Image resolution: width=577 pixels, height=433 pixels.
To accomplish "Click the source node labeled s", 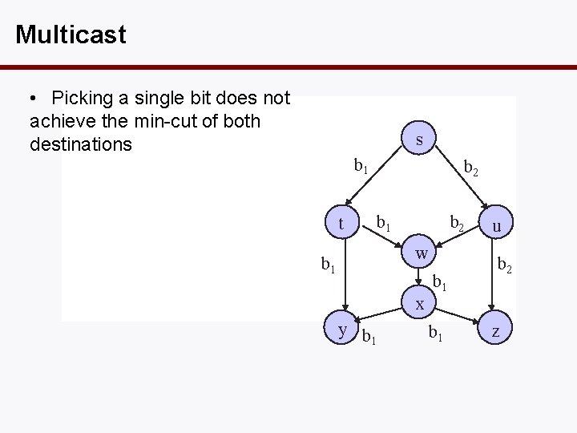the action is (420, 140).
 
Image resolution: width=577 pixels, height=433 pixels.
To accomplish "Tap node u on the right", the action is (497, 226).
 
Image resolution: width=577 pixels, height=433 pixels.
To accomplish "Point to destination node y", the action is (342, 329).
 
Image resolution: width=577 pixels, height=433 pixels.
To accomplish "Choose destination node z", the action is (497, 330).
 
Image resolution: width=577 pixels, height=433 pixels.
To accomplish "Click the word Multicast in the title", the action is (71, 34).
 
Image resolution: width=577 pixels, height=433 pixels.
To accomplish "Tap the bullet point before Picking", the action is (33, 99).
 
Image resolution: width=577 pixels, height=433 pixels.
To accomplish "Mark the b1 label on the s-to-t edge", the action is (361, 166).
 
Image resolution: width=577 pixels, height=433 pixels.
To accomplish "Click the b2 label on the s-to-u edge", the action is (472, 168).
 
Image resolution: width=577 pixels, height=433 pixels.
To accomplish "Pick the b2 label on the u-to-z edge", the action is (505, 263).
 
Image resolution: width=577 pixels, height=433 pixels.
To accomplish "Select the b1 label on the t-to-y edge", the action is (328, 263).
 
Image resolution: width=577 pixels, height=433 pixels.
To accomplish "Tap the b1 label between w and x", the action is (439, 281).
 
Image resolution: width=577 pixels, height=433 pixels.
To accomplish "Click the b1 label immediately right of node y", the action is (369, 336).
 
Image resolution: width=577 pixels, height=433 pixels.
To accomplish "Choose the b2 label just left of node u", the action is (456, 222).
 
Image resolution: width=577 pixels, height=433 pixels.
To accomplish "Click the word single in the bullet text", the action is (143, 99).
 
